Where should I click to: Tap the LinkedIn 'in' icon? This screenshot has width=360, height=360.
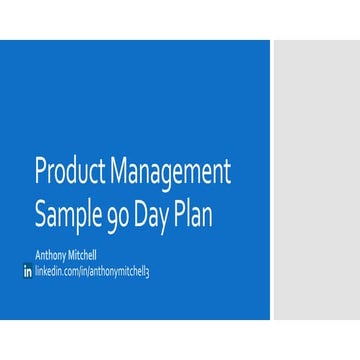[27, 271]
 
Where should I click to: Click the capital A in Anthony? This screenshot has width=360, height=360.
[37, 254]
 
